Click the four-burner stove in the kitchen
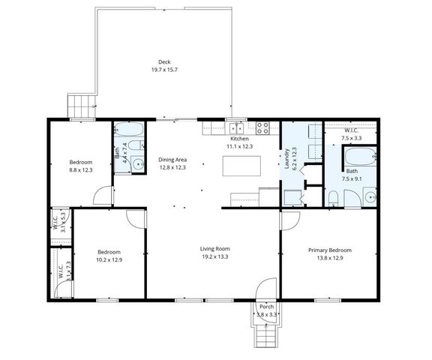pyautogui.click(x=263, y=127)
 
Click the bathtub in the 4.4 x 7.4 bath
pyautogui.click(x=132, y=128)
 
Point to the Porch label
pyautogui.click(x=266, y=307)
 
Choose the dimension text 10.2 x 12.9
pyautogui.click(x=109, y=259)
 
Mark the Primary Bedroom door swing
pyautogui.click(x=289, y=220)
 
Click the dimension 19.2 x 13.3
pyautogui.click(x=214, y=256)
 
